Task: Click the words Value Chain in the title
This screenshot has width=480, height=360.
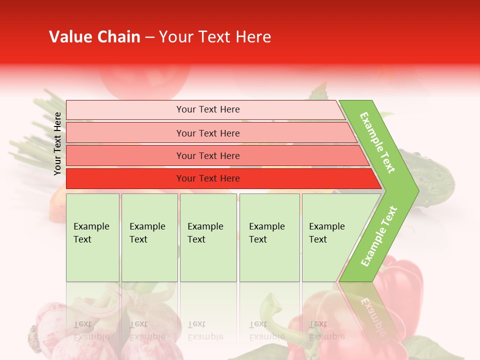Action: click(94, 37)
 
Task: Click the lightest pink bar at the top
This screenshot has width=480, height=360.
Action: click(207, 109)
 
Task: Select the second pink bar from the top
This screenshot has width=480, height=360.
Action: click(207, 133)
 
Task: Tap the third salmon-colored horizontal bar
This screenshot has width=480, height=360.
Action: click(207, 156)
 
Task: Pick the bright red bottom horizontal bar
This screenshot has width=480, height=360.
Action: click(207, 178)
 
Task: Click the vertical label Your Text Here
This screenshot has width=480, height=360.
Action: click(57, 143)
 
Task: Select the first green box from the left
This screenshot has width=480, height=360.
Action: click(92, 237)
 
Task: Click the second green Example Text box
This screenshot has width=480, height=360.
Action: click(149, 237)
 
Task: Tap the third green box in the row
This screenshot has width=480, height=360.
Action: click(208, 237)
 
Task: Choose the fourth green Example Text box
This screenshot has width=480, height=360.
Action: click(269, 237)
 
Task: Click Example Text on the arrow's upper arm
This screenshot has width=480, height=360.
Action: click(377, 142)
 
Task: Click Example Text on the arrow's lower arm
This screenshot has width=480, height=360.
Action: click(378, 236)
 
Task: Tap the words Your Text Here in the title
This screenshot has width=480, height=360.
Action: click(215, 37)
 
